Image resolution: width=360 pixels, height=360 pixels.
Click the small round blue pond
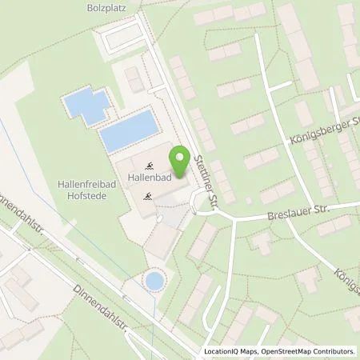pos(153,281)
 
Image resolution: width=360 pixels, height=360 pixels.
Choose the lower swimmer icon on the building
pos(146,195)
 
